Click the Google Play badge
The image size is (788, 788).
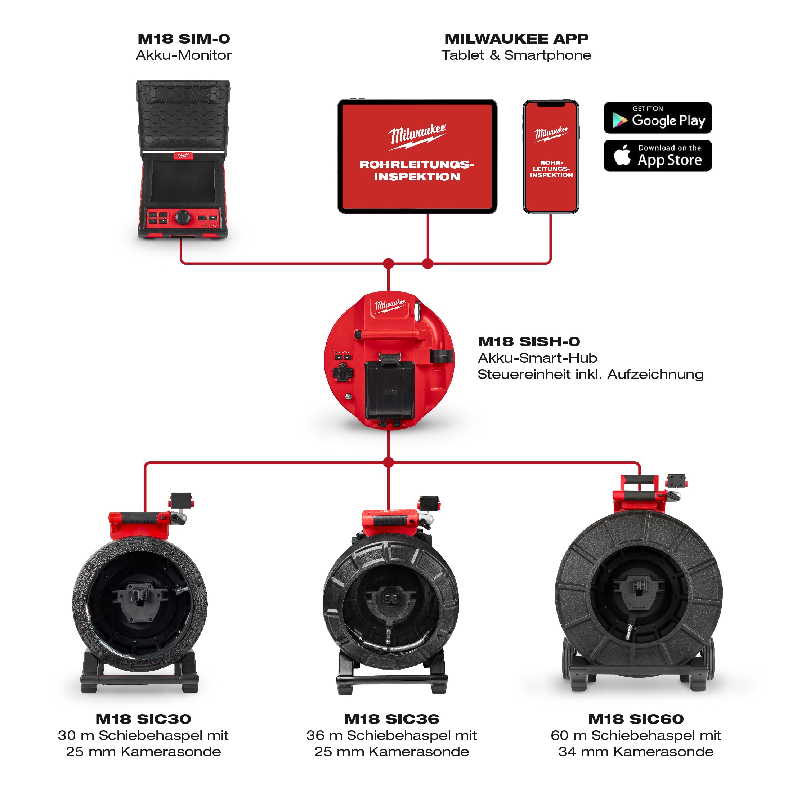(x=658, y=118)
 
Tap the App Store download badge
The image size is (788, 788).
(x=658, y=156)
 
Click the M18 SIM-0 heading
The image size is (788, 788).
(x=184, y=39)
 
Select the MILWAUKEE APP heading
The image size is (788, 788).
(x=516, y=39)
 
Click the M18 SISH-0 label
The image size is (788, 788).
(x=529, y=341)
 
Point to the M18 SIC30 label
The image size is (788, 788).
(x=143, y=718)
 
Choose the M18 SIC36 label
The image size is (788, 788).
(x=391, y=718)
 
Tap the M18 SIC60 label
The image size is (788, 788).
(x=636, y=718)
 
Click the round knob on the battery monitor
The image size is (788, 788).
(x=182, y=216)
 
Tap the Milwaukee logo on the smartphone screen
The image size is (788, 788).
(x=551, y=133)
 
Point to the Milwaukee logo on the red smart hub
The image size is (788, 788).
(x=390, y=305)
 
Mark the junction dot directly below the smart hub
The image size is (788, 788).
(x=389, y=462)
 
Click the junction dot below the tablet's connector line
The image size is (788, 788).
(x=427, y=264)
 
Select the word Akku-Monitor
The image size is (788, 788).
(x=184, y=55)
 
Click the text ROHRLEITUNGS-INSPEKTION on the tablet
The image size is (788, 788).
(x=417, y=170)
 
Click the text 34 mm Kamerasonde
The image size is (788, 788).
(x=636, y=751)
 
